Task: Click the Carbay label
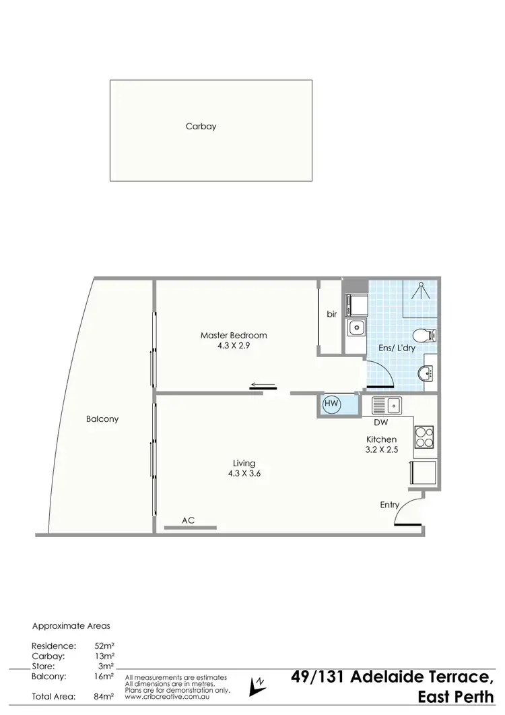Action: (x=201, y=126)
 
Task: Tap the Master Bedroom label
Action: (x=234, y=335)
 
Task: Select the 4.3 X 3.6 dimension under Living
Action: (x=244, y=473)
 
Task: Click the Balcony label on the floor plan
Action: (x=102, y=418)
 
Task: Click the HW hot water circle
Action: (x=331, y=404)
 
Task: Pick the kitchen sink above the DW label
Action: (x=389, y=405)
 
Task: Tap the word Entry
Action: (x=390, y=505)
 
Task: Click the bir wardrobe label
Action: (x=331, y=314)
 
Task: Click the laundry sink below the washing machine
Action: (x=356, y=329)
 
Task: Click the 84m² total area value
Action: (x=104, y=696)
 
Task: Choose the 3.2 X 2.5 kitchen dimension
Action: (x=382, y=449)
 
